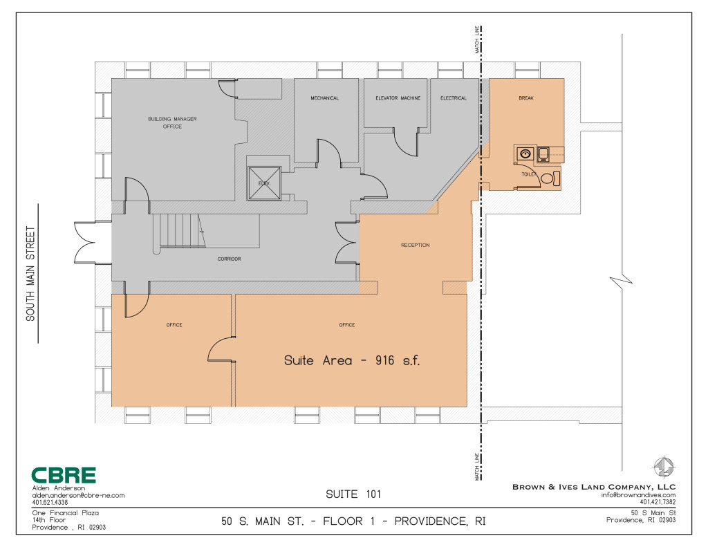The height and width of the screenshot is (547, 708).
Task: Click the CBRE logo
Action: click(x=63, y=475)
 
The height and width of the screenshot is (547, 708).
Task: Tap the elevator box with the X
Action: click(x=264, y=183)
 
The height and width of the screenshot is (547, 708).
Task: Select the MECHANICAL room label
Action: click(x=324, y=98)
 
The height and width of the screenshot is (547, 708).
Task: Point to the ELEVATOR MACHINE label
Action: click(x=398, y=98)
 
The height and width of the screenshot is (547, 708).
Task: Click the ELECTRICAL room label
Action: click(x=454, y=98)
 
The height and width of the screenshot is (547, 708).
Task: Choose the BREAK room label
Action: click(x=526, y=98)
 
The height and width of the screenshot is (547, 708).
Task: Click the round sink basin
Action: click(x=525, y=154)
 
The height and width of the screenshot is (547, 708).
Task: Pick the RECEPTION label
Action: click(x=416, y=245)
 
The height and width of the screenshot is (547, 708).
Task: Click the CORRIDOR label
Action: click(x=229, y=259)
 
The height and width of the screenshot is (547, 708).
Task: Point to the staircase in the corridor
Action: click(x=179, y=231)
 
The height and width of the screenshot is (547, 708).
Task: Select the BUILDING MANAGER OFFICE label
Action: click(x=172, y=122)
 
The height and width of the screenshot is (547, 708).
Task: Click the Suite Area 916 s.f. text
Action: click(x=352, y=360)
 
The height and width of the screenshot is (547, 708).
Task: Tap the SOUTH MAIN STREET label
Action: click(x=30, y=274)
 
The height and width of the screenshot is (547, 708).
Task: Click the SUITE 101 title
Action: click(x=353, y=494)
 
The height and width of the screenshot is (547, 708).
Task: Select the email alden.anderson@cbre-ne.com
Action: click(x=78, y=495)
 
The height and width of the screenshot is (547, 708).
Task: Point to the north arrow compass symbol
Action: click(x=663, y=467)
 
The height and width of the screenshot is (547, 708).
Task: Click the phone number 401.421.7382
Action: click(x=658, y=502)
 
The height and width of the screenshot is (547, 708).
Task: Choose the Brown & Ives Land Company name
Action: click(x=594, y=487)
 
